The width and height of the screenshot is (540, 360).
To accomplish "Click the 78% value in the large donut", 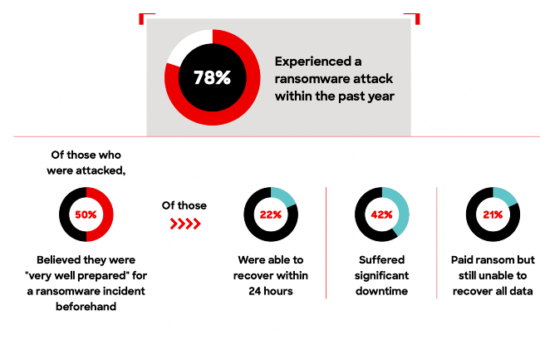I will click(212, 78).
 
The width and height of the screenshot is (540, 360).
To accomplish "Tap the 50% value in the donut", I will click(86, 215).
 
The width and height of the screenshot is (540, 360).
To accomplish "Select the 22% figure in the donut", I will click(270, 215).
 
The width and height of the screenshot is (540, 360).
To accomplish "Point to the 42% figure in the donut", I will click(381, 215).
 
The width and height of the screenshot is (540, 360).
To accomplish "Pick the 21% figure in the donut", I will click(493, 215).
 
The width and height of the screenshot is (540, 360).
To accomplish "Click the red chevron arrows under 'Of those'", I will click(185, 224).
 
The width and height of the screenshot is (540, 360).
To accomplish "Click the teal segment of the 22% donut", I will click(286, 198).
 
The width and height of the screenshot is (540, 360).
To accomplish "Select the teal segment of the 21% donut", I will click(508, 199).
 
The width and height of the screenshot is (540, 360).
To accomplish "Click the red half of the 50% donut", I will click(106, 215).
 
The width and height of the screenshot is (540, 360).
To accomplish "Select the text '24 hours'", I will click(270, 291).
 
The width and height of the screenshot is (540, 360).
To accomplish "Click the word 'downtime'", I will click(382, 291).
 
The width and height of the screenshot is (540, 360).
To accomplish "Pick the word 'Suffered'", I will click(382, 259).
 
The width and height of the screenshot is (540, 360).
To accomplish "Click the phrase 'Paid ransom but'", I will click(493, 259).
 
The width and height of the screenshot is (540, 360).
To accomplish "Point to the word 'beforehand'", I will click(86, 306).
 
